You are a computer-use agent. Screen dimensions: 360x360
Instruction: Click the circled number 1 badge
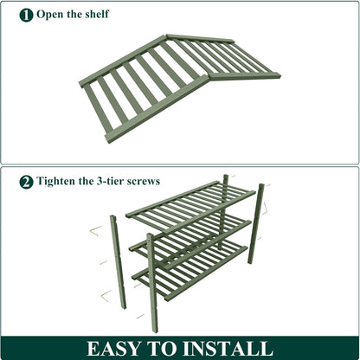(26, 15)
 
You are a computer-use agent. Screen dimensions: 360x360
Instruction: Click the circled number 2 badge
(26, 182)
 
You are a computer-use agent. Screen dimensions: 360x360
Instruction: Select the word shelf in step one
(97, 14)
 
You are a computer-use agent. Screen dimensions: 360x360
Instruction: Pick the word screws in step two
(144, 182)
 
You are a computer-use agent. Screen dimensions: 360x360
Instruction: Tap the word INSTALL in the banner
(228, 349)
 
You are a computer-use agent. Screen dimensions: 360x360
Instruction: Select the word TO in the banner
(162, 349)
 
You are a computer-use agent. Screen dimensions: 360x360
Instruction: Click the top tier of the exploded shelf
(190, 206)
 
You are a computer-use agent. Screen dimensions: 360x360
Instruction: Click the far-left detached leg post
(118, 262)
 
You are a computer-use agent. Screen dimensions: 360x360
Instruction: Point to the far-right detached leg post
(256, 223)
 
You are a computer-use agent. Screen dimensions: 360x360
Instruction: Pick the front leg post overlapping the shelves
(152, 283)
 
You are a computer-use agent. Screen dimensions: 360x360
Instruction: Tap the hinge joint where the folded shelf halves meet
(208, 75)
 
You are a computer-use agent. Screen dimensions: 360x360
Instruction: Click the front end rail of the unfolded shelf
(156, 109)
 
